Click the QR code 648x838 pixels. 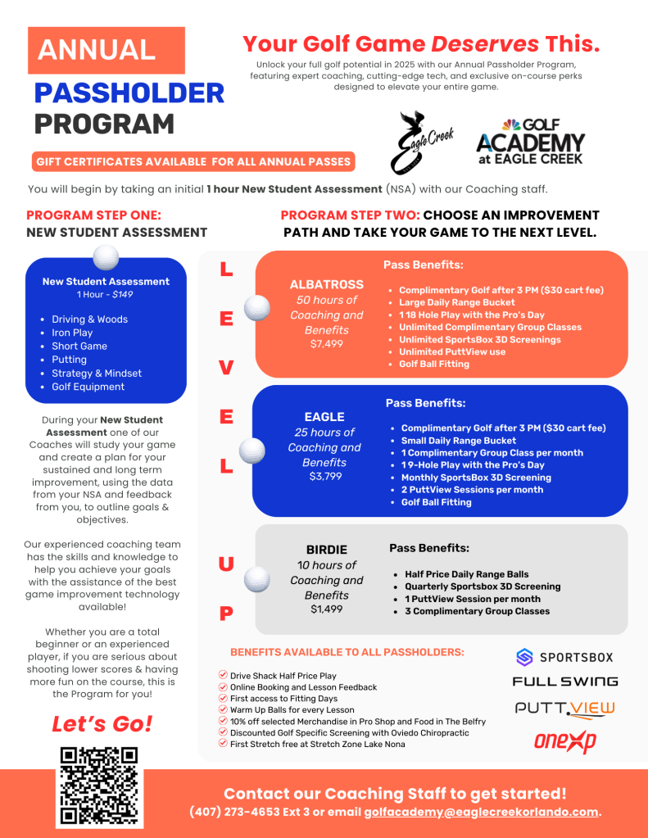pyautogui.click(x=100, y=786)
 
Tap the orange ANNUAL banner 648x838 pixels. pyautogui.click(x=106, y=50)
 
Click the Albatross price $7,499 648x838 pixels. pyautogui.click(x=326, y=344)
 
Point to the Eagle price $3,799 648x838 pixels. pyautogui.click(x=324, y=477)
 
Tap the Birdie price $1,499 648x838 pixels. pyautogui.click(x=326, y=609)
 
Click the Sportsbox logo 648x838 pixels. pyautogui.click(x=564, y=656)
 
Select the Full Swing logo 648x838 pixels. pyautogui.click(x=565, y=682)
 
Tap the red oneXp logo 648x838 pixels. pyautogui.click(x=564, y=742)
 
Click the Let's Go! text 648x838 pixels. pyautogui.click(x=102, y=724)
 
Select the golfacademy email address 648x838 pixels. pyautogui.click(x=481, y=812)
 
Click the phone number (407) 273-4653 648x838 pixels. pyautogui.click(x=235, y=812)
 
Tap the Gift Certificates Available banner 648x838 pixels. pyautogui.click(x=193, y=161)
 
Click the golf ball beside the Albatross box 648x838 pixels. pyautogui.click(x=257, y=308)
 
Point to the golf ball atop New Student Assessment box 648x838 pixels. pyautogui.click(x=106, y=257)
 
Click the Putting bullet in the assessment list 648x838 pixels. pyautogui.click(x=69, y=360)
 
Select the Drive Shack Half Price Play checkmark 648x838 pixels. pyautogui.click(x=223, y=675)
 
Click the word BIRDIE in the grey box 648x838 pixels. pyautogui.click(x=326, y=550)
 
